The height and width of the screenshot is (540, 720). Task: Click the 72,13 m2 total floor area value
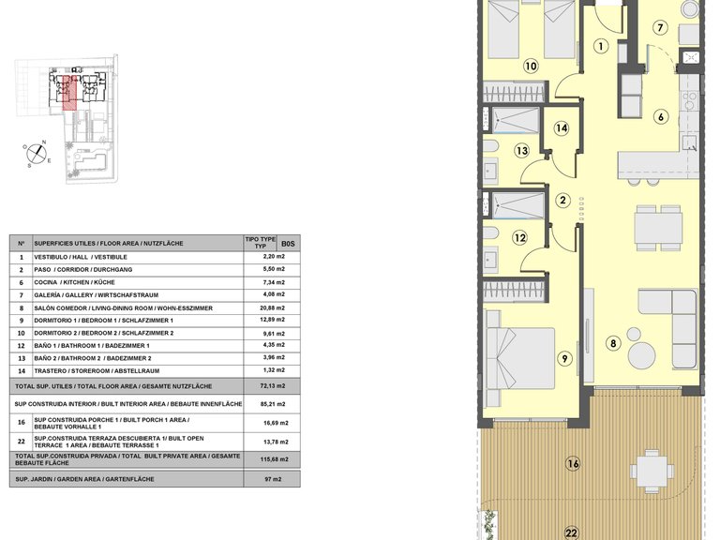[272, 386]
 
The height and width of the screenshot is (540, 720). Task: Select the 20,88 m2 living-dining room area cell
[272, 307]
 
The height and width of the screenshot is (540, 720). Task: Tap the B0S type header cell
[289, 244]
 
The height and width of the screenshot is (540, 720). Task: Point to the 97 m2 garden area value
[272, 479]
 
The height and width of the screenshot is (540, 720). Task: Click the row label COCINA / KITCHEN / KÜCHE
[74, 282]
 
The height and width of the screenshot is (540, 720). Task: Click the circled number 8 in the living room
[613, 343]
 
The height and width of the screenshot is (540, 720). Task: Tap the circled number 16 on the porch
[573, 464]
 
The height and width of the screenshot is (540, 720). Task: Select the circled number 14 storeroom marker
[562, 128]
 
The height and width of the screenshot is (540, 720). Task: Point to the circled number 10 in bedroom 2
[531, 67]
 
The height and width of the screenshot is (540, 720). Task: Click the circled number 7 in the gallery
[660, 28]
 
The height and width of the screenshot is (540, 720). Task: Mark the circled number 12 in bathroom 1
[519, 238]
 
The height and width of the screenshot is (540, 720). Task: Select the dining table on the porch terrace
[652, 472]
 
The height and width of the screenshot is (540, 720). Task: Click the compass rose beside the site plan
[37, 154]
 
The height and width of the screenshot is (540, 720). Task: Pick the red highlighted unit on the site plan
[68, 93]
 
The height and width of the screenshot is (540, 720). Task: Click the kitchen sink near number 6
[689, 142]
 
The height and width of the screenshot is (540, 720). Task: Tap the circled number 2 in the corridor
[562, 201]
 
